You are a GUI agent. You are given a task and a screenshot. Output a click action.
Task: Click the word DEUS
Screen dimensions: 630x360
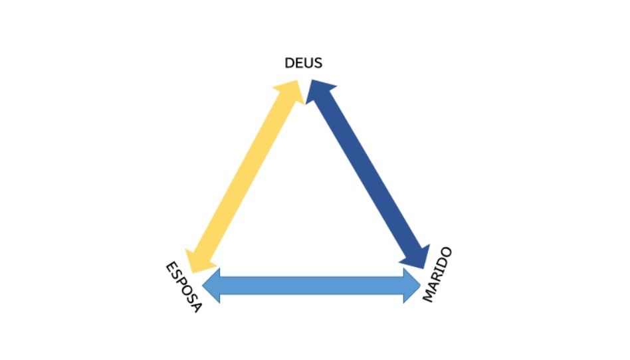pyautogui.click(x=303, y=63)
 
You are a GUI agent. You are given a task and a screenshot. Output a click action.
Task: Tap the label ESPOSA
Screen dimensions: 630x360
pyautogui.click(x=183, y=287)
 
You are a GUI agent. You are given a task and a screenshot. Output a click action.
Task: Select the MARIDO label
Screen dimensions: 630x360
pyautogui.click(x=437, y=275)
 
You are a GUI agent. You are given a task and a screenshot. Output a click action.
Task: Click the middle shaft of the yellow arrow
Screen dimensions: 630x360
pyautogui.click(x=245, y=177)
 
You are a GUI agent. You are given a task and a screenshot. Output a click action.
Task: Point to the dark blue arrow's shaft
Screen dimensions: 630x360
pyautogui.click(x=367, y=174)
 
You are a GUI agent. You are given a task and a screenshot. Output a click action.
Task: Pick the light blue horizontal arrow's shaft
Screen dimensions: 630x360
pyautogui.click(x=312, y=286)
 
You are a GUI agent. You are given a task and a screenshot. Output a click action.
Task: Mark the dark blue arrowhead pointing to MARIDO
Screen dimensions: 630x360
pyautogui.click(x=417, y=258)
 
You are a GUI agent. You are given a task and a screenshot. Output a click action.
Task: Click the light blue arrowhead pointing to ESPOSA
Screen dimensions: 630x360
pyautogui.click(x=211, y=286)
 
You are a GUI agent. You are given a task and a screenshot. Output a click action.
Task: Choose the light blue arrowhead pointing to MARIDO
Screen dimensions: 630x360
pyautogui.click(x=412, y=286)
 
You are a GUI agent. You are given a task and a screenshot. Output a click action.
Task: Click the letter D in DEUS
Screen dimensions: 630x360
pyautogui.click(x=289, y=63)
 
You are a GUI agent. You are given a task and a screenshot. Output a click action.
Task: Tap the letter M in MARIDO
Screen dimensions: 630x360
pyautogui.click(x=428, y=296)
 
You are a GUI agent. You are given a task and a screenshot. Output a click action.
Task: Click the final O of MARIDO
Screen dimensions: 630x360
pyautogui.click(x=447, y=253)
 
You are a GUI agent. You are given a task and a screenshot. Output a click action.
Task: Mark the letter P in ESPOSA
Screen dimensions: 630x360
pyautogui.click(x=181, y=283)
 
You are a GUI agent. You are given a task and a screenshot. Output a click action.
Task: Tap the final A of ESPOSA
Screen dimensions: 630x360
pyautogui.click(x=196, y=308)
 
